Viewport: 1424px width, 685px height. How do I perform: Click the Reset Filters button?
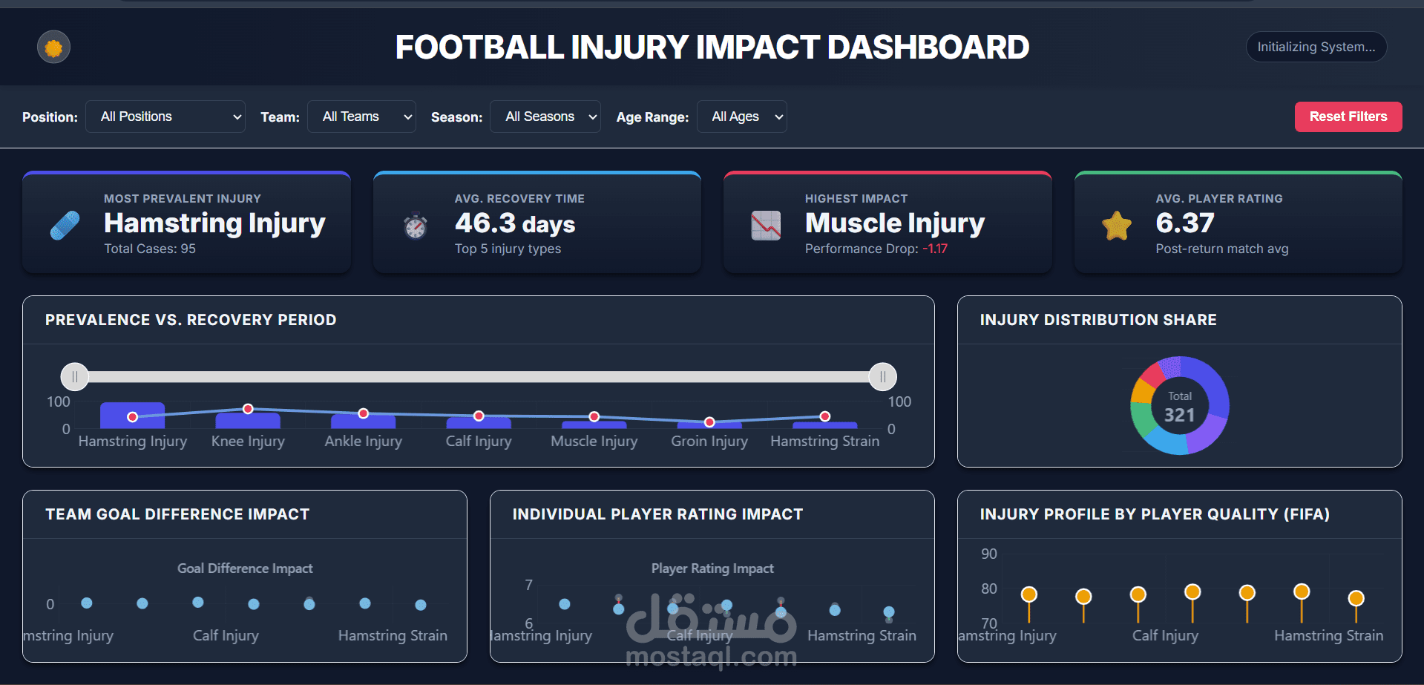coord(1348,117)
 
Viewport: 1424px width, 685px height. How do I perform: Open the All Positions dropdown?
coord(165,117)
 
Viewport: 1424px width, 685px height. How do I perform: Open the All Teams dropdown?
coord(361,117)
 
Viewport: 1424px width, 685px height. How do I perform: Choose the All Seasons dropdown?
coord(545,117)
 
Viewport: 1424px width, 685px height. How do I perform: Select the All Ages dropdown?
coord(741,117)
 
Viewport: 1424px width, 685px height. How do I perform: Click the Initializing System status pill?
coord(1316,47)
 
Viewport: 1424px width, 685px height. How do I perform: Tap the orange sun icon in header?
coord(53,47)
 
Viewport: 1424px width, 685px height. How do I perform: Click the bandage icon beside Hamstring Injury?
coord(65,226)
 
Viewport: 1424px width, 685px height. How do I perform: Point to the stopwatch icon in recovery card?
coord(416,226)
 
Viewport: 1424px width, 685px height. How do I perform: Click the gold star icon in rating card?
coord(1116,226)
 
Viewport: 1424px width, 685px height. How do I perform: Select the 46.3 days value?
coord(515,223)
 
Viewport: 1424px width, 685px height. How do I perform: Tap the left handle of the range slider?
coord(75,377)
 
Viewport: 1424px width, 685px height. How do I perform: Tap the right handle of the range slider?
coord(882,377)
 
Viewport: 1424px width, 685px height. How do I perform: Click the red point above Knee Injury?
coord(248,409)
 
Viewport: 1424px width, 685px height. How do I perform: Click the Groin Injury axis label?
coord(709,441)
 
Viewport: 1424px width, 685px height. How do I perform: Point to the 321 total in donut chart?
coord(1179,415)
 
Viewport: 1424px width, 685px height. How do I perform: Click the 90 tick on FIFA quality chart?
coord(988,554)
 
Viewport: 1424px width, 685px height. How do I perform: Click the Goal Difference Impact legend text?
coord(245,568)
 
